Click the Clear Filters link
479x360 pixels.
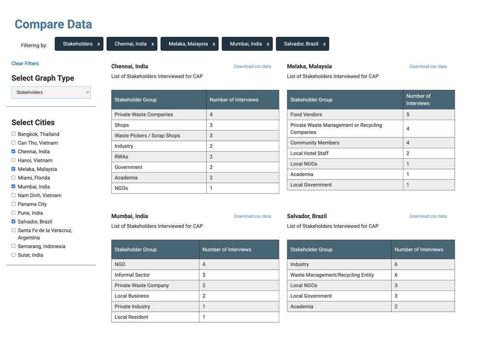[25, 64]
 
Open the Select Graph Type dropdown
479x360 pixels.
[51, 92]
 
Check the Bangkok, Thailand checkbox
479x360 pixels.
[13, 134]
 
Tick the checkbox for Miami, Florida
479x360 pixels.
[13, 178]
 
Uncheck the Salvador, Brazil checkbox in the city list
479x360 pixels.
[13, 222]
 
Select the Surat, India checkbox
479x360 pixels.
[13, 255]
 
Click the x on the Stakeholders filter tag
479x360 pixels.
[99, 44]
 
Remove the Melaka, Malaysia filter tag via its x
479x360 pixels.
[214, 44]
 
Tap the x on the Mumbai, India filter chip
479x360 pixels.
[268, 44]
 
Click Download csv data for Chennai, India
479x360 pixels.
[252, 67]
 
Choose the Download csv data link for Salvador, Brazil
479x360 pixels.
[428, 216]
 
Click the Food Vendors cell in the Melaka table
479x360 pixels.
[306, 115]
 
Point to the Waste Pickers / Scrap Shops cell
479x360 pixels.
[147, 136]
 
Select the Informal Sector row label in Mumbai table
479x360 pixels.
[132, 275]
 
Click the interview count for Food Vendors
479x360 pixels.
[408, 115]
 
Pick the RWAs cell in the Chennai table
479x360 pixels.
[121, 157]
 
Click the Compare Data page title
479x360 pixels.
[53, 24]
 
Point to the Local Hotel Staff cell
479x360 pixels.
[309, 154]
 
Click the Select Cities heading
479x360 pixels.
[33, 123]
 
